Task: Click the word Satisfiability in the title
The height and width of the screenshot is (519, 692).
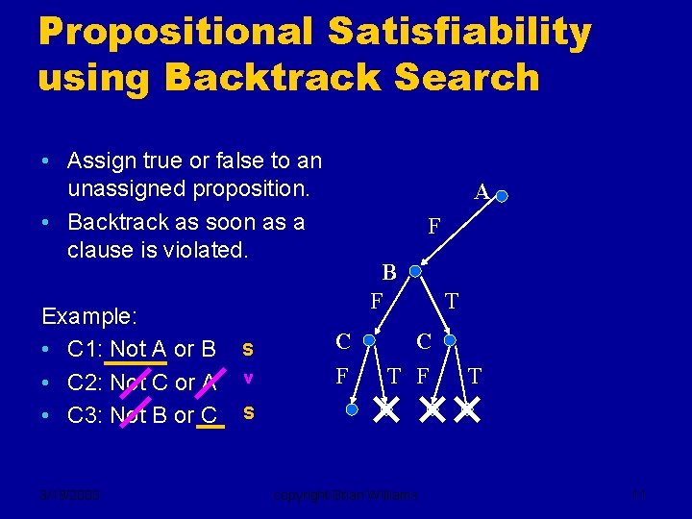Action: pyautogui.click(x=458, y=32)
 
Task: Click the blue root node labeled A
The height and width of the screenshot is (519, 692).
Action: pyautogui.click(x=502, y=196)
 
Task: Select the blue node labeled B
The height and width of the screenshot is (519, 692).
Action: pyautogui.click(x=415, y=272)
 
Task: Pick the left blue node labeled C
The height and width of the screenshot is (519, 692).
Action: pyautogui.click(x=369, y=340)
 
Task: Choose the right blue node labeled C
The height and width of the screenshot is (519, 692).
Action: pyautogui.click(x=449, y=340)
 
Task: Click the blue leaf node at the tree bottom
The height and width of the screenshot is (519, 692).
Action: pyautogui.click(x=352, y=409)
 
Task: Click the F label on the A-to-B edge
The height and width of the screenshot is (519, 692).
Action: pyautogui.click(x=433, y=227)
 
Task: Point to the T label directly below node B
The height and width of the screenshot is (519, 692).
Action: pyautogui.click(x=451, y=302)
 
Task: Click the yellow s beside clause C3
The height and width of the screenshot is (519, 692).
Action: pyautogui.click(x=248, y=412)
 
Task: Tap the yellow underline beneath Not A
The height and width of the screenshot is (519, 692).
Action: pyautogui.click(x=135, y=363)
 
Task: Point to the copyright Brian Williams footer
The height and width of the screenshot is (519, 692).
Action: pyautogui.click(x=346, y=495)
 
